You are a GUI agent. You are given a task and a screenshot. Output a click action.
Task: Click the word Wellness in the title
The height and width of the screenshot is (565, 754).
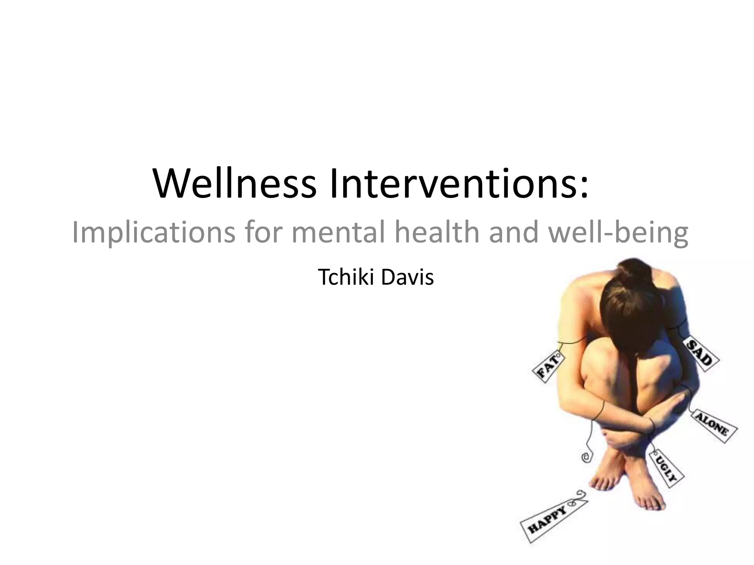235,183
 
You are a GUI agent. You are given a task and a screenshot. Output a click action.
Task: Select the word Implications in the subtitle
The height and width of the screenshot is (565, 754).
153,232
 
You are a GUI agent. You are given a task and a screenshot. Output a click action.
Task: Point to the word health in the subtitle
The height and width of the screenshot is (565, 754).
437,232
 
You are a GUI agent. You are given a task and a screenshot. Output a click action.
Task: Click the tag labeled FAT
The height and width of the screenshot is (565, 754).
549,366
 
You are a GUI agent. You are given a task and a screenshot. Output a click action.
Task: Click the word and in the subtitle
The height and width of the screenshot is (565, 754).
514,232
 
